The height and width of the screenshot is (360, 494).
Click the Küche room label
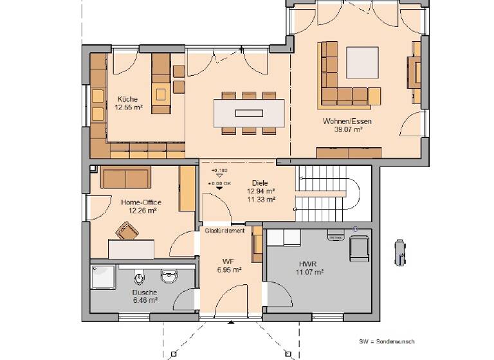coord(127,99)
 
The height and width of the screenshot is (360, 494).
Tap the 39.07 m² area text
coord(347,129)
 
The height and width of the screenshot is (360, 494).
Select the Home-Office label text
coord(141,203)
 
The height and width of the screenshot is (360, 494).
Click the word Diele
coord(260,183)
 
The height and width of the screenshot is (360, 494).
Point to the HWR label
coord(307,264)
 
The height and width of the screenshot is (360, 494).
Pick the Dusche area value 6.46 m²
coord(145,300)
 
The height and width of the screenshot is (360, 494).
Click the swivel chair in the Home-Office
coord(126,230)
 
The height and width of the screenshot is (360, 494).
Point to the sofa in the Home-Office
coord(125,177)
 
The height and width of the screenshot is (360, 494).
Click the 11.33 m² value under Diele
coord(261,199)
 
